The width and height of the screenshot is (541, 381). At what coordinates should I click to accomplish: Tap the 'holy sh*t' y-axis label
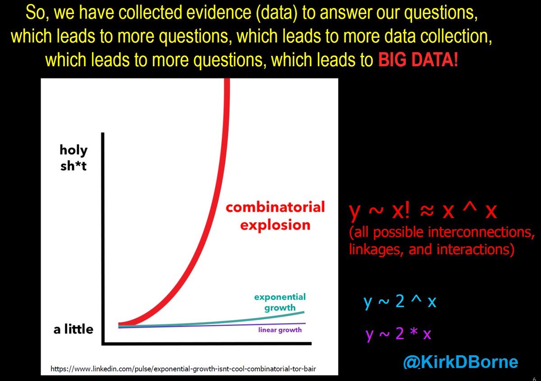[73, 157]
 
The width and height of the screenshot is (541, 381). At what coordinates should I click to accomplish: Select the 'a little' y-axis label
[73, 329]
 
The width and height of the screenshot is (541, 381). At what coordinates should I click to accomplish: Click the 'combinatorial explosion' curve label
[275, 216]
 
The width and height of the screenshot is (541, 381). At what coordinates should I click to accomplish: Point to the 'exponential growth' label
[280, 302]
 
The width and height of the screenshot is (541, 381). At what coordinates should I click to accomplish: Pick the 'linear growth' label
[280, 330]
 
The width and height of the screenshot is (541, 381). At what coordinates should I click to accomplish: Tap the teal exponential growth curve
[252, 320]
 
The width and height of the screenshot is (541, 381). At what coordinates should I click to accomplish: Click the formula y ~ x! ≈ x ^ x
[423, 211]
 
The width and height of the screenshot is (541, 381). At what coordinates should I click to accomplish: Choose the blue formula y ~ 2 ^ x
[400, 302]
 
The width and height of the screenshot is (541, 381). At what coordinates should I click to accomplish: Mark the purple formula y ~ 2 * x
[399, 334]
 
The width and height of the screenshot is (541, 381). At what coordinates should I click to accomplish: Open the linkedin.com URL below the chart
[183, 369]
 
